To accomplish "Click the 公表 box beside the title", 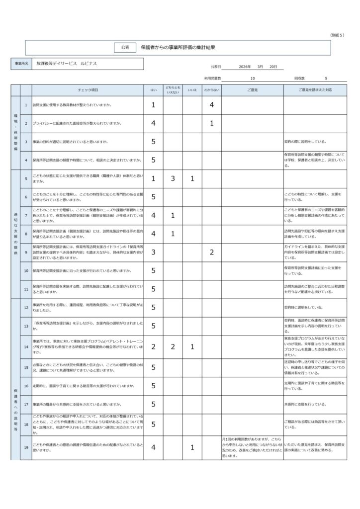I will coord(125,47).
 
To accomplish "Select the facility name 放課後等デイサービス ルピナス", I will coord(67,64).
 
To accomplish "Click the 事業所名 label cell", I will coord(21,64).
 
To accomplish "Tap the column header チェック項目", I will coord(88,90).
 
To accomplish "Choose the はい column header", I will coord(154,90).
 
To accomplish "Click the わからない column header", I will coord(212,90).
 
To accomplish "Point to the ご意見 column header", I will coord(252,90).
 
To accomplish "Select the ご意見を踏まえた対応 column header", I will coord(315,90).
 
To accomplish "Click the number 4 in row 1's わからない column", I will coord(212,105).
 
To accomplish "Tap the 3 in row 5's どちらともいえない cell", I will coord(173,178).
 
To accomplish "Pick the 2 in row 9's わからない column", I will coord(212,252).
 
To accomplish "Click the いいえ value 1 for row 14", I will coord(192,346).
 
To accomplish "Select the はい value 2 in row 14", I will coord(154,346).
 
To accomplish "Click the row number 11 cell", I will coord(26,289).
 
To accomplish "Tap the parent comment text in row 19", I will coord(252,447).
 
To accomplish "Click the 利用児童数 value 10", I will coord(253,79).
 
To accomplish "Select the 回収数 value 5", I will coord(326,79).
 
